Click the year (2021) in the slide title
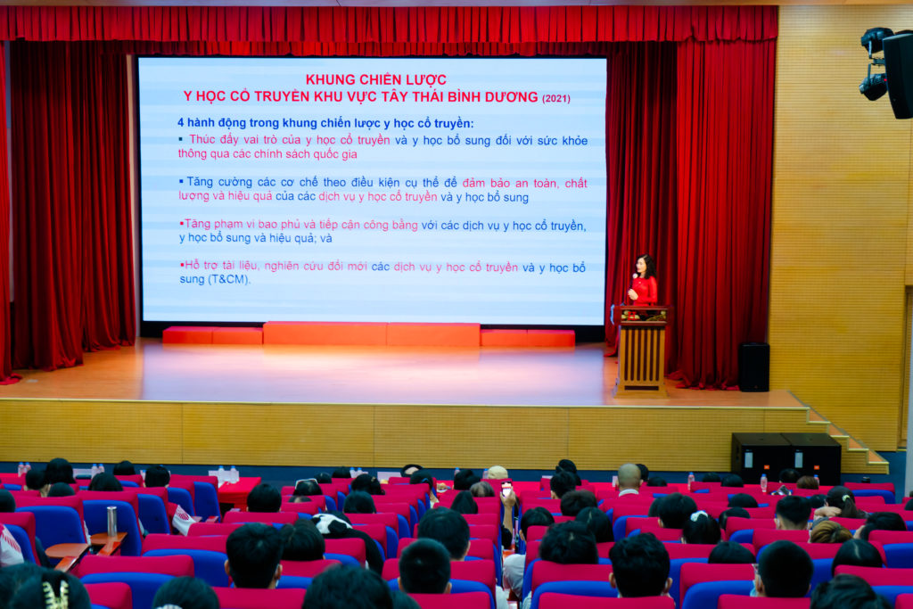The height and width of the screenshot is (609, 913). pyautogui.click(x=556, y=99)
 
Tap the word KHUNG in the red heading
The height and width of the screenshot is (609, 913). pyautogui.click(x=329, y=79)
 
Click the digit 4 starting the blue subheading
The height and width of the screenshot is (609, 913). pyautogui.click(x=180, y=123)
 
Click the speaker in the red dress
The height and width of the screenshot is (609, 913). pyautogui.click(x=643, y=281)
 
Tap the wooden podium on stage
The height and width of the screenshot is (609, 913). pyautogui.click(x=642, y=351)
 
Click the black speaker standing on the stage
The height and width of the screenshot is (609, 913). pyautogui.click(x=754, y=366)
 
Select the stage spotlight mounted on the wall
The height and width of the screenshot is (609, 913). pyautogui.click(x=875, y=63)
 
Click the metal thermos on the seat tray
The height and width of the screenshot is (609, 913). pyautogui.click(x=111, y=521)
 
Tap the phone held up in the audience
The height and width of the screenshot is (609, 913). pyautogui.click(x=506, y=488)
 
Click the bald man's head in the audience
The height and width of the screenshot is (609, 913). pyautogui.click(x=629, y=477)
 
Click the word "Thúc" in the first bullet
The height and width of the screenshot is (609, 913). pyautogui.click(x=202, y=140)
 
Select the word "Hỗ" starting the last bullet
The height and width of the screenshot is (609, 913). pyautogui.click(x=193, y=266)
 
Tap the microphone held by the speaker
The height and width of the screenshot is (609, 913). pyautogui.click(x=634, y=280)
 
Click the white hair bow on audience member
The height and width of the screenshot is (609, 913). pyautogui.click(x=699, y=516)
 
